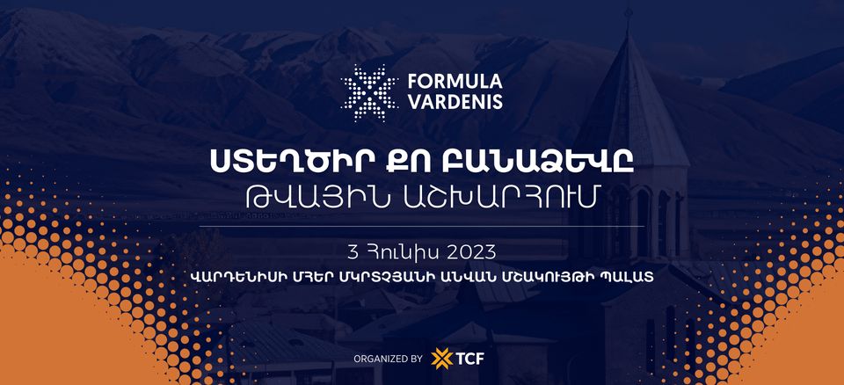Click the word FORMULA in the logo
click(x=455, y=82)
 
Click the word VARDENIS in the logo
click(x=455, y=102)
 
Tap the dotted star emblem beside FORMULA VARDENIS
click(x=369, y=92)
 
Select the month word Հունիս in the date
click(x=396, y=251)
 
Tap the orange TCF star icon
click(x=442, y=359)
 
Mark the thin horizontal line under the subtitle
click(x=421, y=226)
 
